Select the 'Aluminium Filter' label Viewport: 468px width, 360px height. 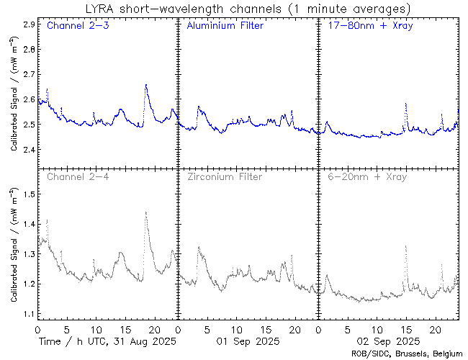225,26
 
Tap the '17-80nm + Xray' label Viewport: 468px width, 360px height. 366,26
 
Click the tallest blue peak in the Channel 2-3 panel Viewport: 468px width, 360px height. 146,85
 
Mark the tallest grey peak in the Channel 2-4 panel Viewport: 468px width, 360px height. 146,212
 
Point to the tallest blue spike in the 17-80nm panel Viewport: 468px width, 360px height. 406,104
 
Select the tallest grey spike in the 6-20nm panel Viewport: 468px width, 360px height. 406,246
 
